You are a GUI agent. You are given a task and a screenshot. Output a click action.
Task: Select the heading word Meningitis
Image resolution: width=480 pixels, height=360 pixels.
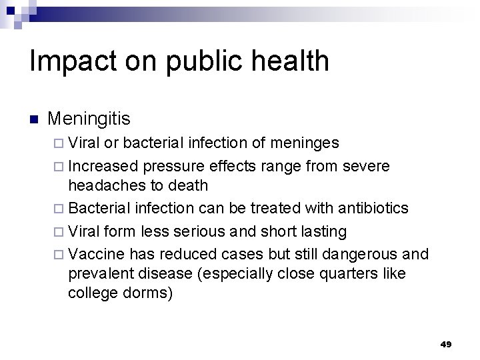point(89,119)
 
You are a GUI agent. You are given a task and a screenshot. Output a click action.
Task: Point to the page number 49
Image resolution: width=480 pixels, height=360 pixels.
point(446,344)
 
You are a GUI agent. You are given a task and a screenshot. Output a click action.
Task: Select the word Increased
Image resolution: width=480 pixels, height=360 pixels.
point(103,165)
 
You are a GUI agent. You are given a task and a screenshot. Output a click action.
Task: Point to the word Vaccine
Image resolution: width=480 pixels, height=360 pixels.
point(96,254)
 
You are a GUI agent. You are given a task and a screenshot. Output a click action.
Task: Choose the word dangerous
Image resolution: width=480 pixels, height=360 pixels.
point(358,254)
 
